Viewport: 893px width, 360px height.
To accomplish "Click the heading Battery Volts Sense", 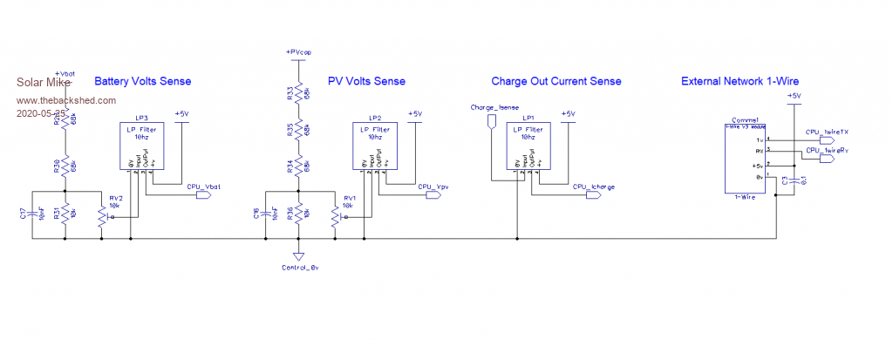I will [x=142, y=81].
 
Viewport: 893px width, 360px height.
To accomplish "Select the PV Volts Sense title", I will [x=366, y=81].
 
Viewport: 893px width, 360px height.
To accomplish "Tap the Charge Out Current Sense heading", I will [x=556, y=81].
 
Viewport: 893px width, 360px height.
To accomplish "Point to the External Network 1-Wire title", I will [x=740, y=81].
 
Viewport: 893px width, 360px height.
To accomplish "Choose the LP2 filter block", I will [x=376, y=145].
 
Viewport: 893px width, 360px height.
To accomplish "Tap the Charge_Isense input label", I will [x=489, y=108].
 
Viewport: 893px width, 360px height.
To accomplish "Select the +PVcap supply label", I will [x=298, y=53].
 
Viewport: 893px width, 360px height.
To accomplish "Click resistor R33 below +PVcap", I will [x=298, y=92].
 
